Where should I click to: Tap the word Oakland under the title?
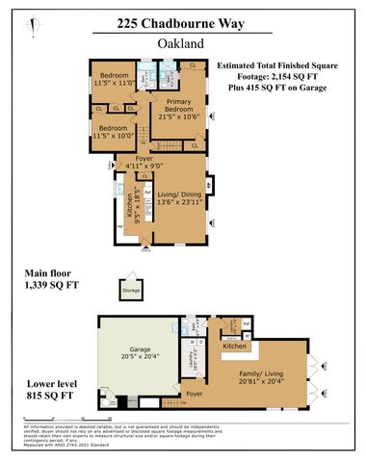(183, 43)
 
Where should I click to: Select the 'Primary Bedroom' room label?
(178, 107)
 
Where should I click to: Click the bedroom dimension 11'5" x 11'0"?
(115, 81)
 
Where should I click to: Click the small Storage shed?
(131, 289)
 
